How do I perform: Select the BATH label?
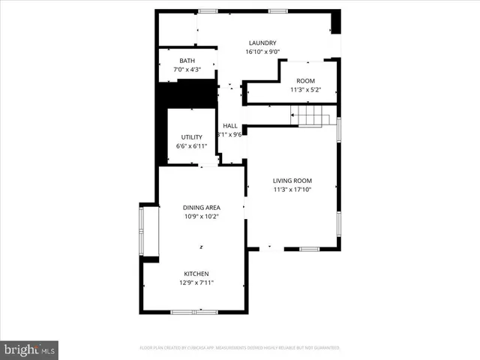[187, 61]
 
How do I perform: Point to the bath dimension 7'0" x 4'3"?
[187, 70]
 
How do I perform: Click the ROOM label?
[305, 80]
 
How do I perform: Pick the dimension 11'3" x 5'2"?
[305, 89]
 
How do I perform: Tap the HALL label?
[230, 125]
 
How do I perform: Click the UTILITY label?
[191, 136]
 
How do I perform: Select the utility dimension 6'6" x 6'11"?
[191, 145]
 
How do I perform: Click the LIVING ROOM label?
[292, 181]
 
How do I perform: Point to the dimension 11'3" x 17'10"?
[292, 190]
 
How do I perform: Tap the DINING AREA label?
[201, 207]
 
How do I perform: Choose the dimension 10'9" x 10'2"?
[201, 216]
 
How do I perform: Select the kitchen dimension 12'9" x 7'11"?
[196, 283]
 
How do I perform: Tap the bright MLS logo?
[30, 349]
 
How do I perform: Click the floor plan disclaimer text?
[240, 348]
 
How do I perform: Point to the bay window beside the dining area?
[142, 232]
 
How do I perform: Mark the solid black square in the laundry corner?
[336, 22]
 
